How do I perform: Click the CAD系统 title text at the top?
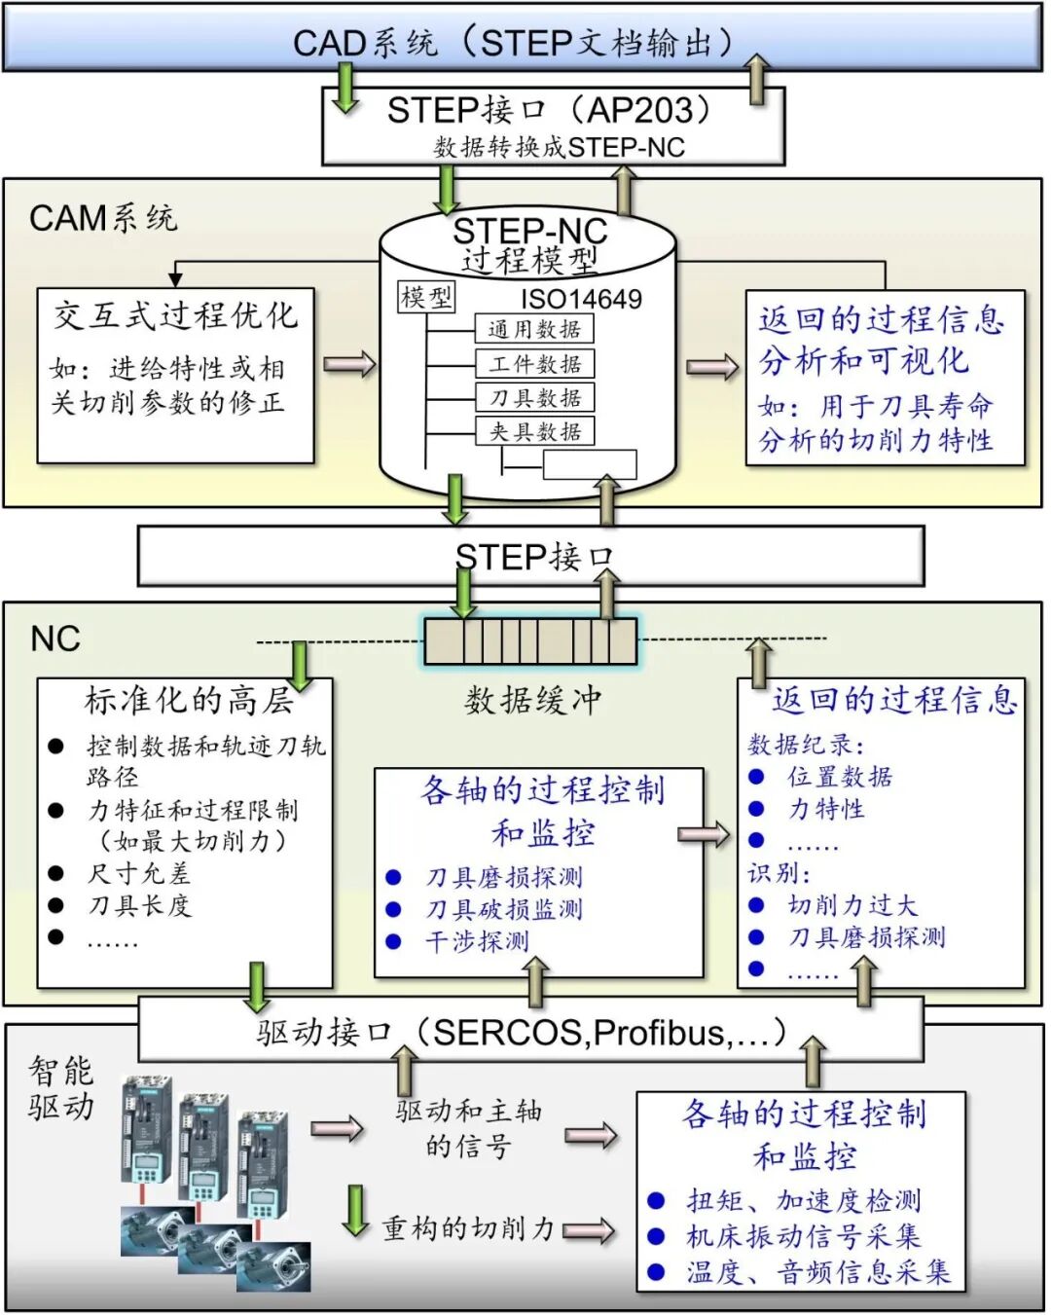[513, 43]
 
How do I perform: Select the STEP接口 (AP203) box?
[552, 126]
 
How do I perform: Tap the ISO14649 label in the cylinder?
[581, 299]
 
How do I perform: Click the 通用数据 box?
[534, 329]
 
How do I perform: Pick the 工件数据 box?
[534, 364]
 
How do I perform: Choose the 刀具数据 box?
[534, 397]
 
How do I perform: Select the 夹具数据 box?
[534, 431]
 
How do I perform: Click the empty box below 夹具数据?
[589, 465]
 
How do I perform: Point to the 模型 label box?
[426, 297]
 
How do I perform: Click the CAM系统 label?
[103, 218]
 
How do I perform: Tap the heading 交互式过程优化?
[175, 314]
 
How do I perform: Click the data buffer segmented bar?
[530, 641]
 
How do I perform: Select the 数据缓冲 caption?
[532, 700]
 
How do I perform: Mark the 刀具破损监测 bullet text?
[504, 909]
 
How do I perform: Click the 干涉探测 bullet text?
[477, 941]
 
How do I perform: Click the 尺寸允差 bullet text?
[138, 873]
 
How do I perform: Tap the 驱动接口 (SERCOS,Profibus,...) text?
[521, 1032]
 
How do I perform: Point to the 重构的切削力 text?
[467, 1228]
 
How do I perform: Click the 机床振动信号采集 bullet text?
[803, 1236]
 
